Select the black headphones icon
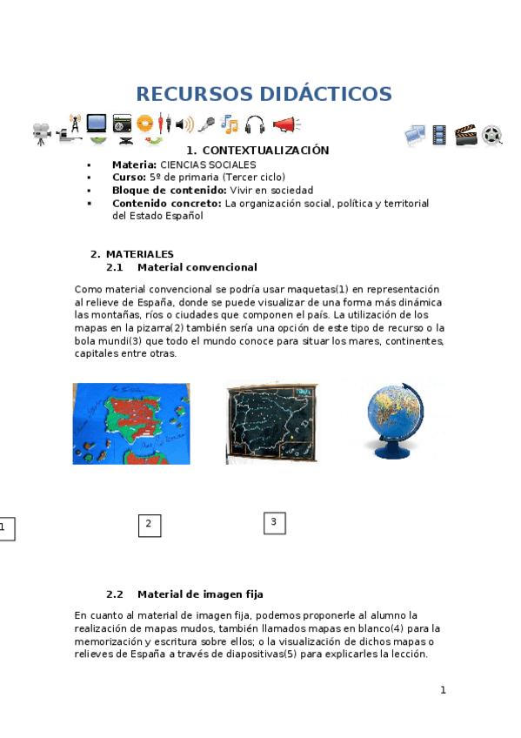point(255,125)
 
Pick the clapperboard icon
point(466,135)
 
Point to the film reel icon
point(492,135)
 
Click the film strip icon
point(439,135)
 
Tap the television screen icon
point(96,124)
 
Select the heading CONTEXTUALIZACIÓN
point(265,151)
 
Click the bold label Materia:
point(134,164)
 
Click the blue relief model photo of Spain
point(130,423)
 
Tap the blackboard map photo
point(271,421)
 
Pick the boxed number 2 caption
point(149,524)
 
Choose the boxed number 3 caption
point(274,522)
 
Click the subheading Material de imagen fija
point(200,594)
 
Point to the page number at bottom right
point(443,690)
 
